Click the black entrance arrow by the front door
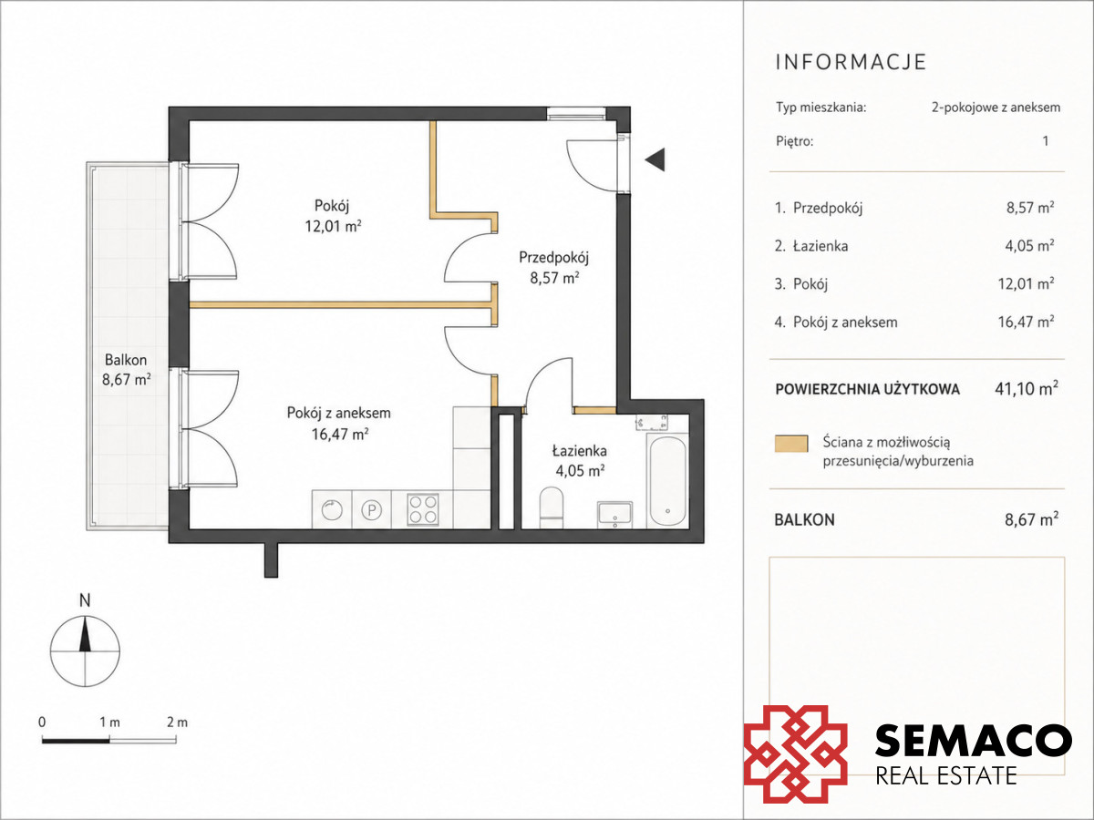click(x=655, y=159)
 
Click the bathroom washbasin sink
click(x=615, y=514)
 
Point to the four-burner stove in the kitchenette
click(x=423, y=509)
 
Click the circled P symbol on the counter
click(x=371, y=510)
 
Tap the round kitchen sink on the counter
click(x=332, y=510)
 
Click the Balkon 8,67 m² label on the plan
click(x=126, y=369)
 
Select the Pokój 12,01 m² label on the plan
click(x=333, y=216)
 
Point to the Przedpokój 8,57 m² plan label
click(x=554, y=267)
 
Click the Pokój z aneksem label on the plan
click(x=339, y=413)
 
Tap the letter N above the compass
click(x=85, y=601)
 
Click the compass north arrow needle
click(x=86, y=634)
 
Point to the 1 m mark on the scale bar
click(x=109, y=722)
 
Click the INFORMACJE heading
click(x=851, y=62)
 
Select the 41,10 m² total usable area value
click(x=1027, y=388)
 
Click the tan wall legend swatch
click(x=791, y=444)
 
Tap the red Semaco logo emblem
click(x=796, y=753)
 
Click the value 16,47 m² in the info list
click(x=1026, y=322)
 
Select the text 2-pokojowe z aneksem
click(x=996, y=108)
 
